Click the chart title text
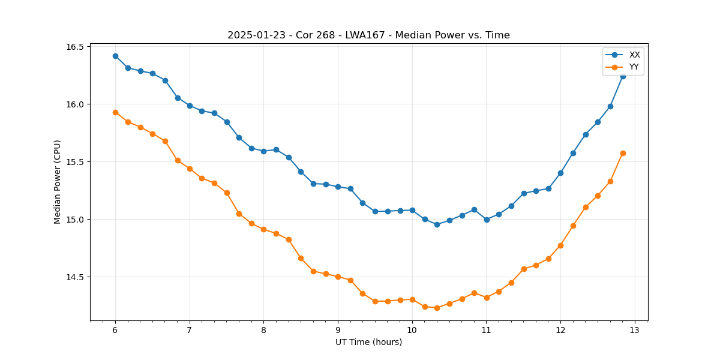pos(368,35)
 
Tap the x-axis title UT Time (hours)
pos(368,343)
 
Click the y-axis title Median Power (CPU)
pos(58,182)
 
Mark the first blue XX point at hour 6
pos(115,56)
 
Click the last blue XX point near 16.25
pos(623,76)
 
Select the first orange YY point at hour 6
pos(115,112)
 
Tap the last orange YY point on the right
pos(623,153)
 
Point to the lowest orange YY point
pos(437,308)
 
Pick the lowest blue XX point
pos(437,224)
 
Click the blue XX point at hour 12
pos(560,173)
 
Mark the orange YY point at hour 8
pos(263,229)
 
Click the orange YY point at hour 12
pos(560,245)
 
